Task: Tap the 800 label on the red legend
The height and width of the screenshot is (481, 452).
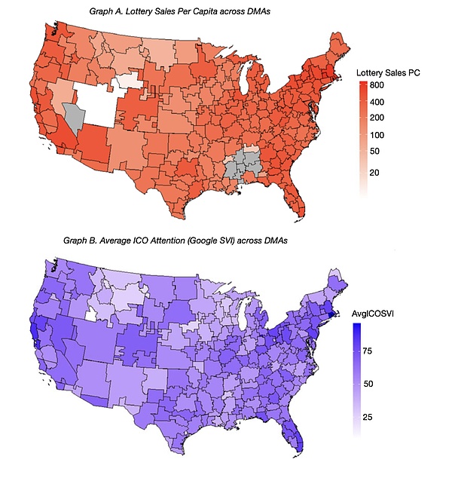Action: point(376,87)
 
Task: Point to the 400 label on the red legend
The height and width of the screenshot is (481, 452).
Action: point(376,102)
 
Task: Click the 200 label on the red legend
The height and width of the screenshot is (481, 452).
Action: point(376,118)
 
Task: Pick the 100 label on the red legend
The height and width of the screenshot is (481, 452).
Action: point(376,135)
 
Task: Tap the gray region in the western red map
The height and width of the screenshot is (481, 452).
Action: point(74,115)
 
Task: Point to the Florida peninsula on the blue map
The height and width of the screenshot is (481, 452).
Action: point(299,437)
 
